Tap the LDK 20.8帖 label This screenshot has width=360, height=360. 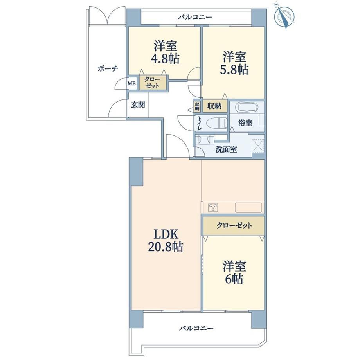click(166, 240)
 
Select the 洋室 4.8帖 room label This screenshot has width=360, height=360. click(165, 52)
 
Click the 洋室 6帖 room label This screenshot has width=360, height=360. click(234, 272)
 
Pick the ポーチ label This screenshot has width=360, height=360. click(108, 68)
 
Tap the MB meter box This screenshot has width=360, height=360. click(132, 83)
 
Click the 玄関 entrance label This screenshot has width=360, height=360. click(138, 105)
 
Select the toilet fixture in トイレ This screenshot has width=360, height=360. click(216, 123)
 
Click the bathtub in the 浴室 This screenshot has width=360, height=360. click(248, 107)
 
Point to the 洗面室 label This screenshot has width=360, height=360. click(226, 150)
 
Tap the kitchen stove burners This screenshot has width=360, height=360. click(213, 207)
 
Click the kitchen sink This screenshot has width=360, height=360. click(248, 208)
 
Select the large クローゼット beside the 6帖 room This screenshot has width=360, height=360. click(234, 226)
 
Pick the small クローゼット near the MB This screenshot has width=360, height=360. click(152, 83)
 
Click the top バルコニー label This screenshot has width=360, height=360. click(195, 17)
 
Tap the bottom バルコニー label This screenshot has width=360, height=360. click(196, 328)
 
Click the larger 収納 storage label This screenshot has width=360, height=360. click(214, 106)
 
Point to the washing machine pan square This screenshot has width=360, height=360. click(258, 146)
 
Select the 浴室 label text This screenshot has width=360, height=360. click(245, 123)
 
